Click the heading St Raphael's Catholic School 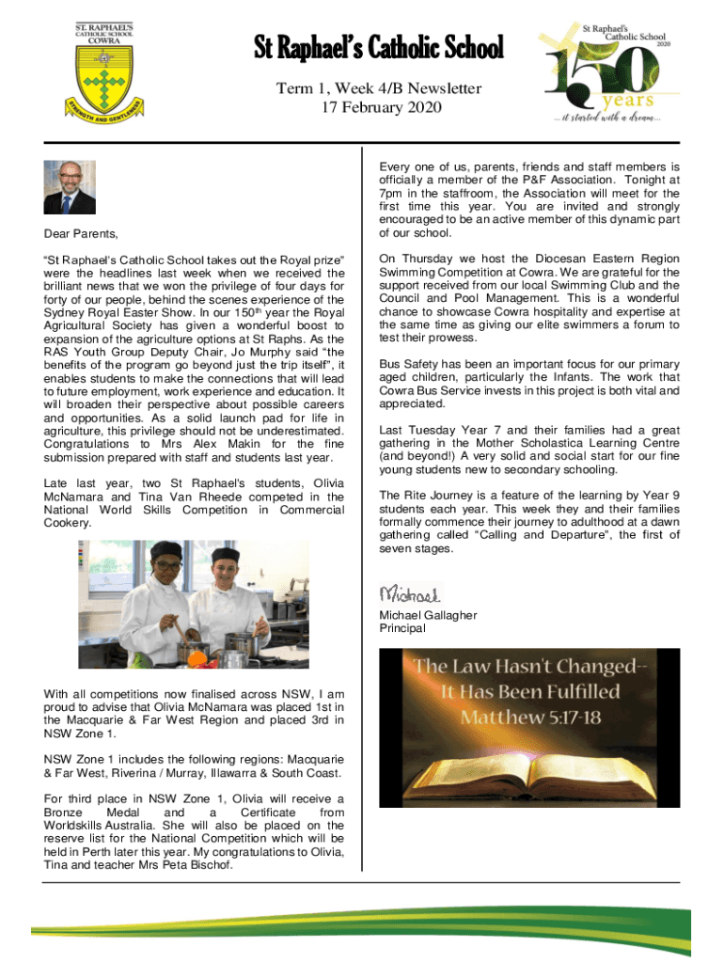click(378, 47)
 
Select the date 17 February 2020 click(378, 107)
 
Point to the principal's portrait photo click(70, 188)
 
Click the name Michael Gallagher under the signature click(428, 615)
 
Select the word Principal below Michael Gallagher click(402, 628)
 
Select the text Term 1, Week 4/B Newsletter click(378, 89)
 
